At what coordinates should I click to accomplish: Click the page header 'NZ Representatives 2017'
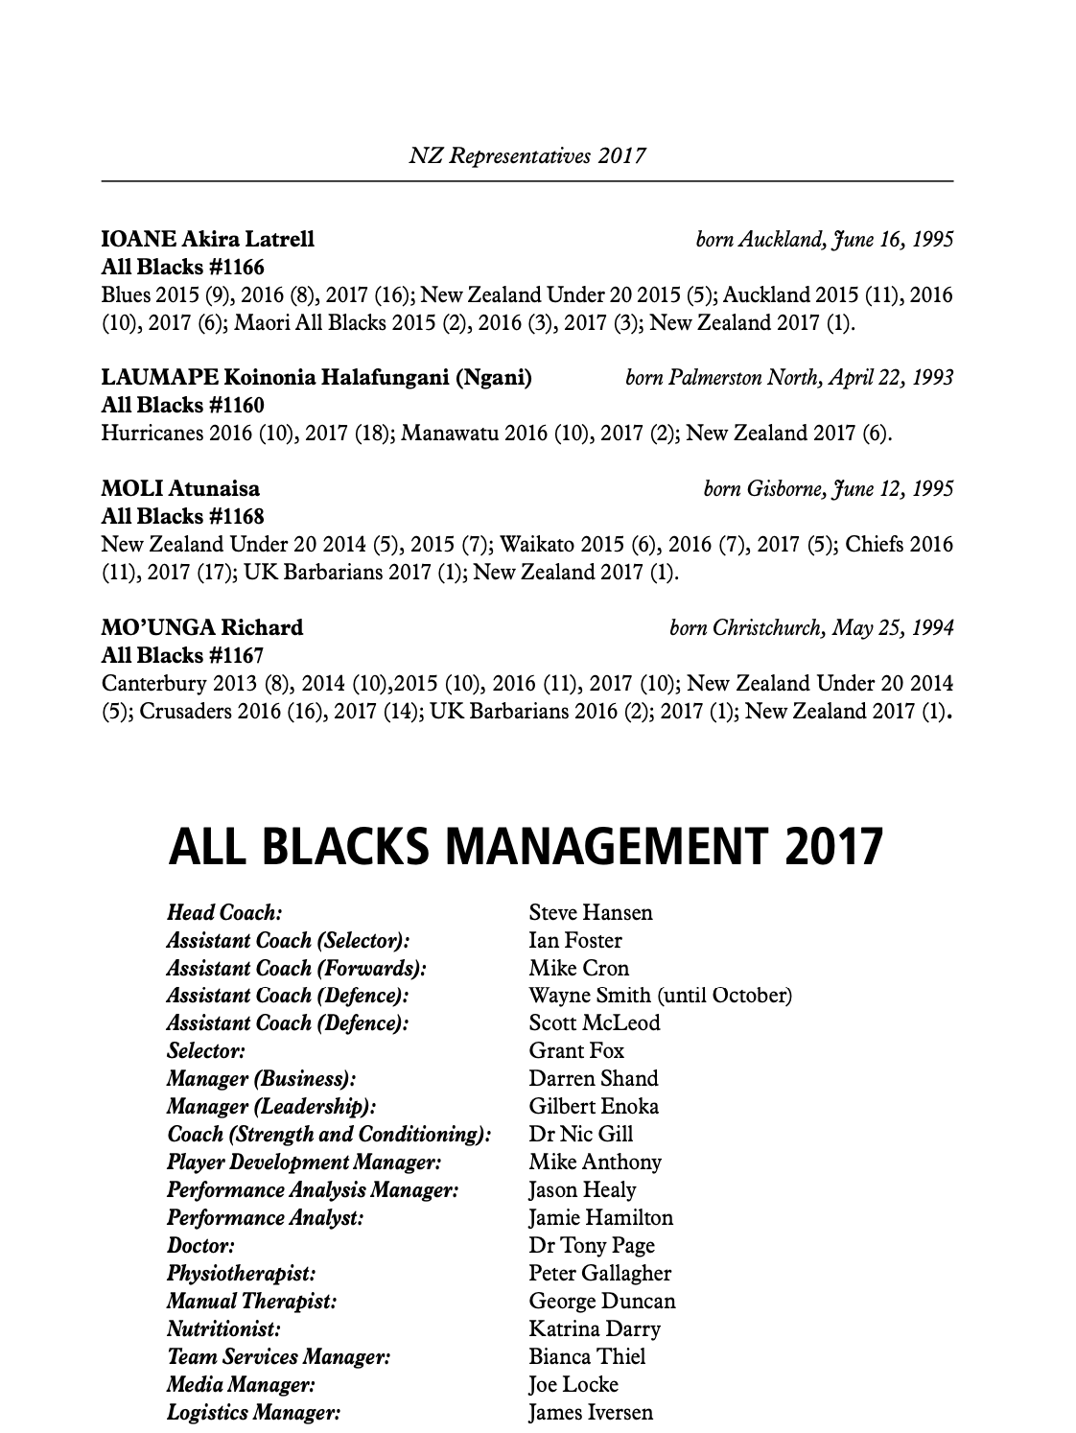pos(527,154)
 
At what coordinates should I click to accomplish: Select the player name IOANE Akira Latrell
pos(208,239)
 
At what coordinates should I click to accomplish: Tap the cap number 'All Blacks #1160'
pos(182,405)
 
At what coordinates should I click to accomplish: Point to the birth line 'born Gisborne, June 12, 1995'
pos(829,489)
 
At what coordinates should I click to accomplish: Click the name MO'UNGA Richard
pos(202,627)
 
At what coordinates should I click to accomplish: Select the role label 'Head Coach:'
pos(224,912)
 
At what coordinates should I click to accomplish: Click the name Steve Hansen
pos(590,912)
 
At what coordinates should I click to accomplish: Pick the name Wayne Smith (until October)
pos(660,996)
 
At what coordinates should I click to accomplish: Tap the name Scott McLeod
pos(594,1022)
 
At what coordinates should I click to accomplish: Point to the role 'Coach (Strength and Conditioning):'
pos(329,1134)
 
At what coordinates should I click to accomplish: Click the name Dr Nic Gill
pos(581,1134)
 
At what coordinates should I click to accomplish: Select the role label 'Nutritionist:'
pos(223,1328)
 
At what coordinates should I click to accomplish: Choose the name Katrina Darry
pos(594,1328)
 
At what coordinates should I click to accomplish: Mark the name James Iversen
pos(591,1412)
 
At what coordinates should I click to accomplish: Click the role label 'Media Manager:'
pos(241,1384)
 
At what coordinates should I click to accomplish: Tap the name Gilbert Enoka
pos(594,1106)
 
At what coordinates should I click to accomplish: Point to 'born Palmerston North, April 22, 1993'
pos(789,378)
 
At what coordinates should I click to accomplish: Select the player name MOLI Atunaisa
pos(180,489)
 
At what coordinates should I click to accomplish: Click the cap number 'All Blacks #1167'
pos(182,655)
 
